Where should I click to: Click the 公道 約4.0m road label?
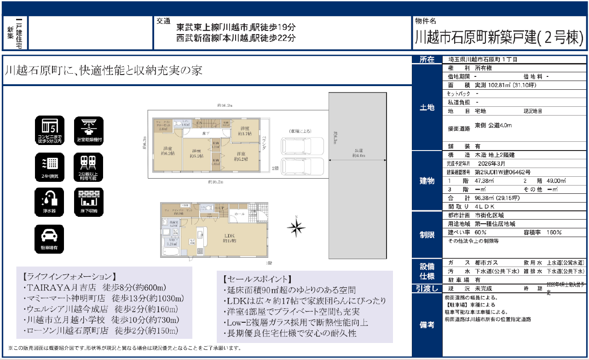click(x=359, y=153)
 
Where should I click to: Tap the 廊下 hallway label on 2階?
click(x=206, y=134)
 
